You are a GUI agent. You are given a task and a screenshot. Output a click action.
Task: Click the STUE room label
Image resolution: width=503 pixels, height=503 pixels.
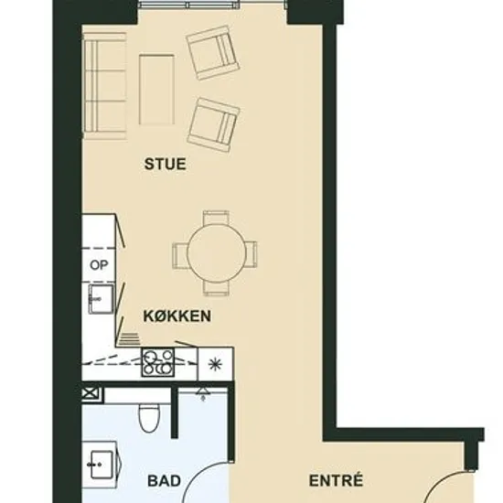166,164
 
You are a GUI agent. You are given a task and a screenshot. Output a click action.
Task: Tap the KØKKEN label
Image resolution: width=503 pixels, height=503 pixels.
177,316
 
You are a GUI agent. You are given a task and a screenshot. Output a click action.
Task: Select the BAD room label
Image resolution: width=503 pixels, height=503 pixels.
164,481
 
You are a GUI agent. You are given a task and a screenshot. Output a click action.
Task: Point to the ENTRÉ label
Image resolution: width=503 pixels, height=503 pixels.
336,480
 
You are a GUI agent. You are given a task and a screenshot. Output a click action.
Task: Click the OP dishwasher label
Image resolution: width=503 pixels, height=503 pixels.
99,265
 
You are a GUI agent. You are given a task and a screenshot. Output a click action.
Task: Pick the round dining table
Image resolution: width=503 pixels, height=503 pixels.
216,252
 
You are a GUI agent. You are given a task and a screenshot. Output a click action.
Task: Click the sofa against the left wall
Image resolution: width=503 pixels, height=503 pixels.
105,87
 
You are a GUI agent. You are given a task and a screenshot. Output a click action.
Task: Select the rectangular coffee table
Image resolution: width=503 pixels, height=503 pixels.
157,90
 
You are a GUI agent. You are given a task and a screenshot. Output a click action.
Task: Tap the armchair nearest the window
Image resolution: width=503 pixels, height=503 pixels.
213,53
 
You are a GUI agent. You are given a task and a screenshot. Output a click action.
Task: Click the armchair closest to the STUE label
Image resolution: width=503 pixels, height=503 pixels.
213,125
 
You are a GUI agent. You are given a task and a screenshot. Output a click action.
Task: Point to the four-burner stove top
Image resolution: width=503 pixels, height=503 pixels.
158,362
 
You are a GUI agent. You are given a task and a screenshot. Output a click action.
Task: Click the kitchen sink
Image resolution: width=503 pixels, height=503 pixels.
101,299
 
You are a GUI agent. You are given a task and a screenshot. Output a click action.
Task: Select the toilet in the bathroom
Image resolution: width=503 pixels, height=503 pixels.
149,418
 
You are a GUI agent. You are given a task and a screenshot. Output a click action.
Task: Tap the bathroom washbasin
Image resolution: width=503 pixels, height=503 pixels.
101,465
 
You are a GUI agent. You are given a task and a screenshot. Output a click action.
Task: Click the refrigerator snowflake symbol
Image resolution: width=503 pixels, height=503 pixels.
215,364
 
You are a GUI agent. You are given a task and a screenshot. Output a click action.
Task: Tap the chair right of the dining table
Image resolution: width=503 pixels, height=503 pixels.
251,254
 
